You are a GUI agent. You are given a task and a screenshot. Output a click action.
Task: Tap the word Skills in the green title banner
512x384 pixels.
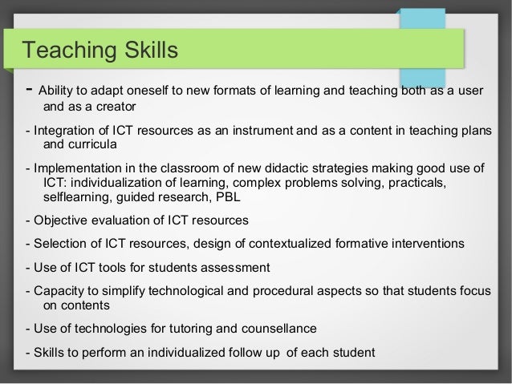[x=148, y=51]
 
